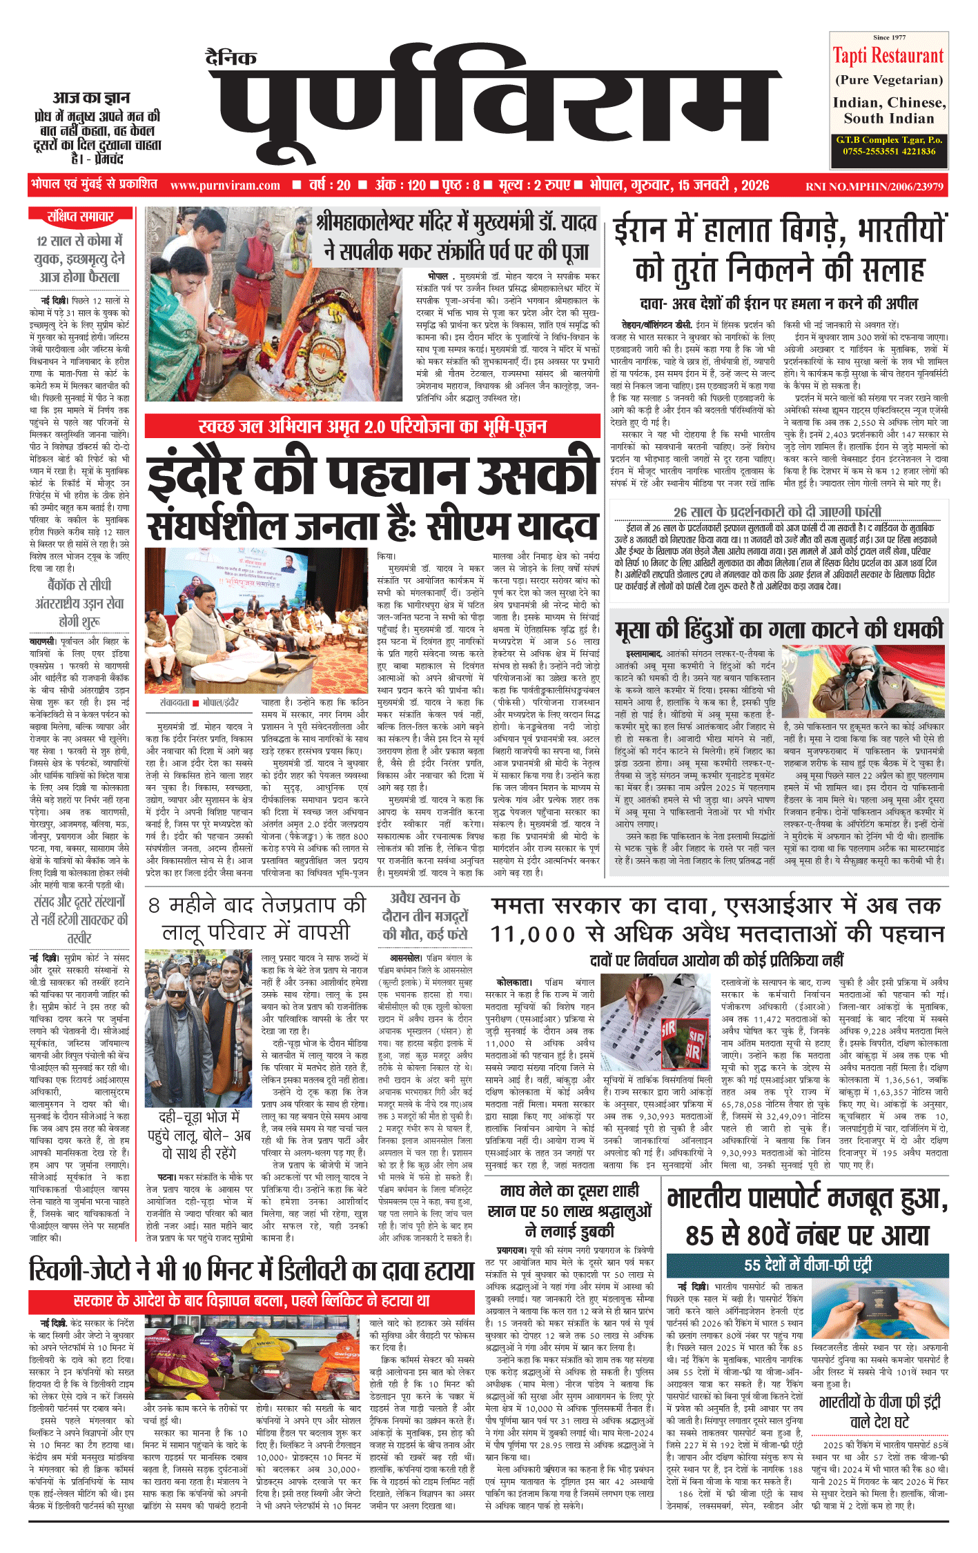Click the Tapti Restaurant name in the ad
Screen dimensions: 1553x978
coord(888,56)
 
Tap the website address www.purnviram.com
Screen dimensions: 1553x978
coord(225,186)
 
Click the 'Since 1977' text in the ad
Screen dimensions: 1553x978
coord(889,37)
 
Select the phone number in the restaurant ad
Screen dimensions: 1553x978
coord(889,151)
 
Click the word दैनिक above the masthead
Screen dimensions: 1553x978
coord(231,57)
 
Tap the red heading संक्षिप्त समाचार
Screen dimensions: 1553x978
coord(80,217)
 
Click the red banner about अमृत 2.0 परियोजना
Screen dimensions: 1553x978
coord(372,426)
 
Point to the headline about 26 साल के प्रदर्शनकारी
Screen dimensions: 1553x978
coord(777,511)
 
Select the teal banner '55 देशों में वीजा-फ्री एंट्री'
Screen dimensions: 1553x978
coord(808,1265)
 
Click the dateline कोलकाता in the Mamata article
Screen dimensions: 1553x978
coord(514,982)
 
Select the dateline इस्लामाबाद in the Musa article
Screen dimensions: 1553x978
coord(644,653)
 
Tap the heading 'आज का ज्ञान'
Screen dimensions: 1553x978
coord(91,98)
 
